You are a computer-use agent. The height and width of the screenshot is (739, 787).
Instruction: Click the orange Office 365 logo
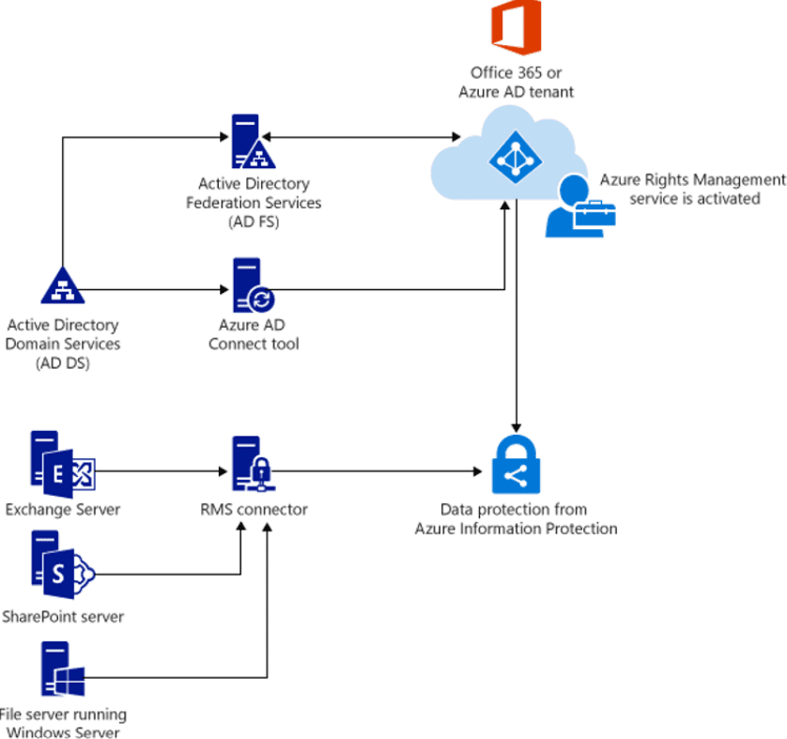[516, 28]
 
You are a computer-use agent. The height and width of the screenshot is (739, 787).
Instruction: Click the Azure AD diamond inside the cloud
[514, 152]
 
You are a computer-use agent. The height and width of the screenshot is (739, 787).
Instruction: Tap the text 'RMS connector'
[253, 510]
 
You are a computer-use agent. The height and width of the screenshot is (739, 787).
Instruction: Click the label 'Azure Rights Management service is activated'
[693, 189]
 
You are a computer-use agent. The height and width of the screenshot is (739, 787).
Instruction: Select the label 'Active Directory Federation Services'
[254, 193]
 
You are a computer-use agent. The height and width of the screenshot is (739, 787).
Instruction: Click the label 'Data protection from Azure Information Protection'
[516, 519]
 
